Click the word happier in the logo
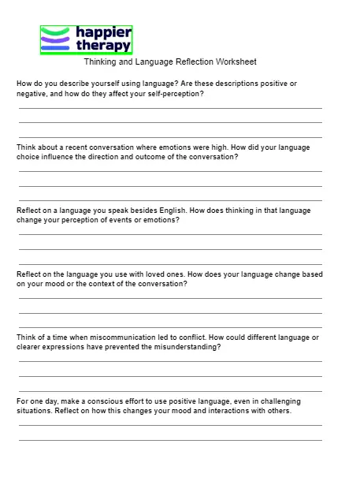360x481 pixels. (x=103, y=32)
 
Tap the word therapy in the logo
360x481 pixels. (x=103, y=46)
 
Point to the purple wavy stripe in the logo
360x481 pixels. (x=55, y=39)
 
